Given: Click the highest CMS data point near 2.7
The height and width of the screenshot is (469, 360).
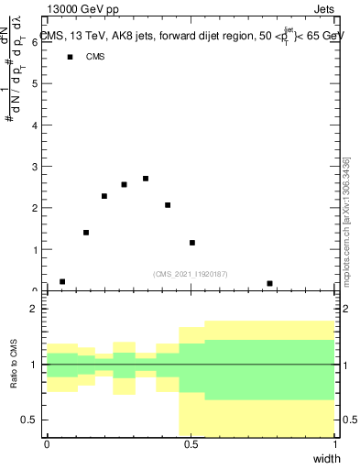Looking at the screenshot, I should point(146,179).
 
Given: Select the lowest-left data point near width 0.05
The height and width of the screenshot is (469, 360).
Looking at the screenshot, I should point(62,281).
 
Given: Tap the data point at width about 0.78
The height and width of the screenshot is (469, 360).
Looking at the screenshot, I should point(269,283).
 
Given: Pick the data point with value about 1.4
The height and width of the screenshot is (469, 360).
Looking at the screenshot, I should point(86,233).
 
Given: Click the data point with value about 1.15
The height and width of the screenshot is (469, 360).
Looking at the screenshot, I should point(192,243).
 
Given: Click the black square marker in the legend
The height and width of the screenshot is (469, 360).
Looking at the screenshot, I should point(69,57).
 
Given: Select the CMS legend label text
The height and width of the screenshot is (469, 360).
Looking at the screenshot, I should point(95,57).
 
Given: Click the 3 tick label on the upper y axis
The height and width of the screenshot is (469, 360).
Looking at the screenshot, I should point(37,167).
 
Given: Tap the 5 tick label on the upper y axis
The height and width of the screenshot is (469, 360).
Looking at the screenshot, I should point(37,83).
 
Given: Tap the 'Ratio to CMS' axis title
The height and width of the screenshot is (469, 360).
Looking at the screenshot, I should point(14,365).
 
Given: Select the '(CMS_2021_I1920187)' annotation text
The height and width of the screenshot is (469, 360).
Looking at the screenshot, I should point(191,273).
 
